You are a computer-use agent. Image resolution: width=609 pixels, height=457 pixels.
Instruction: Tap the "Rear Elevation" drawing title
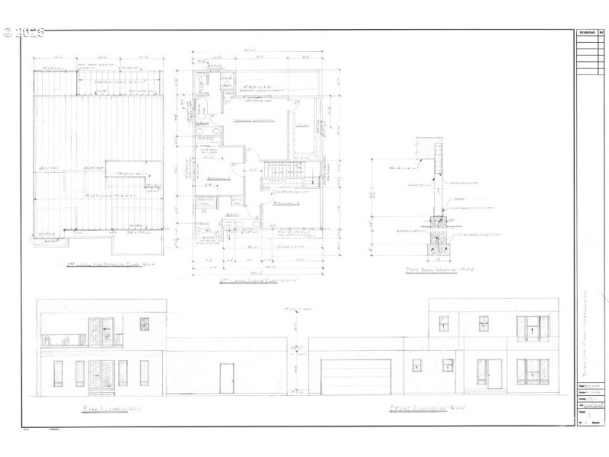(113, 410)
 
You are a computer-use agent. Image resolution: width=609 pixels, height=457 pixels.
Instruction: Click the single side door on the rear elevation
(226, 378)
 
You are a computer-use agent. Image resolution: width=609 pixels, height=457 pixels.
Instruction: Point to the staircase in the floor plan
(282, 176)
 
